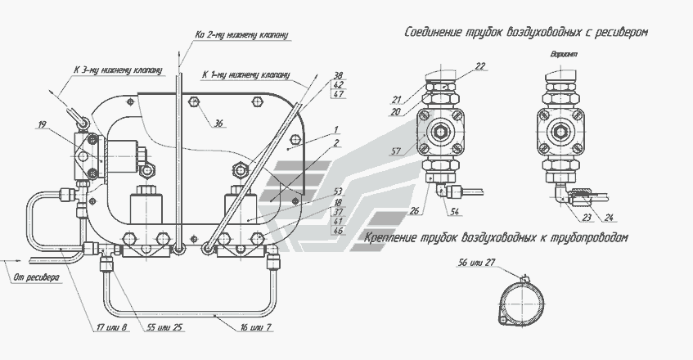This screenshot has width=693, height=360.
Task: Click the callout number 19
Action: pyautogui.click(x=42, y=125)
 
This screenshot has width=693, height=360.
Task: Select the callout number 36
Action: pyautogui.click(x=218, y=124)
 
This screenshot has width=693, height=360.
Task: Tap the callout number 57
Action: pyautogui.click(x=395, y=151)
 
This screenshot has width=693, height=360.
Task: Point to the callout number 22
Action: pyautogui.click(x=480, y=66)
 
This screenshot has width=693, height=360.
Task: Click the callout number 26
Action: pyautogui.click(x=414, y=211)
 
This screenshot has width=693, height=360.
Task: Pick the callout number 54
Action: pyautogui.click(x=455, y=212)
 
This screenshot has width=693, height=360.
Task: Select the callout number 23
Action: pyautogui.click(x=587, y=217)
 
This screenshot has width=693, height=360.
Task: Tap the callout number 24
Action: pyautogui.click(x=609, y=217)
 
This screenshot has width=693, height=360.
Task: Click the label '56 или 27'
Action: pyautogui.click(x=476, y=263)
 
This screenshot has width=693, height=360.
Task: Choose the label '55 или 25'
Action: pyautogui.click(x=164, y=328)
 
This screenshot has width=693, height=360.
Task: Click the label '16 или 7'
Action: pyautogui.click(x=256, y=328)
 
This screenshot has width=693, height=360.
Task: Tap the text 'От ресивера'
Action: pyautogui.click(x=36, y=278)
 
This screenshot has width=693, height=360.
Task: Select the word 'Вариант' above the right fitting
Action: pyautogui.click(x=564, y=54)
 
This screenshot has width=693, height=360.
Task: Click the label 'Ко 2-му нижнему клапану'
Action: pyautogui.click(x=241, y=34)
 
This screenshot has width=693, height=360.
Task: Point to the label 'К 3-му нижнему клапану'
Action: pyautogui.click(x=118, y=70)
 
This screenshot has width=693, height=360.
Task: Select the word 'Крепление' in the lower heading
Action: pyautogui.click(x=390, y=237)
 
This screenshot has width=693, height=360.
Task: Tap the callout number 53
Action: pyautogui.click(x=338, y=191)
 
